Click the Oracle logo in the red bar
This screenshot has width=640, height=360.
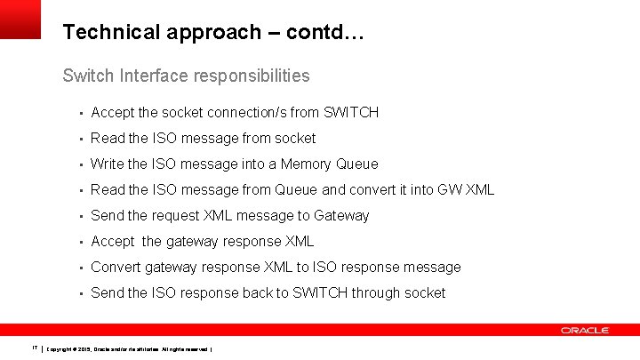(584, 331)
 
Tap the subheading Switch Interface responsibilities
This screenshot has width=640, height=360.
(186, 76)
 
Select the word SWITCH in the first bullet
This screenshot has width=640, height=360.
(351, 112)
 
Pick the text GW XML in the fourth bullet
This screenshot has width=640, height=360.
(466, 189)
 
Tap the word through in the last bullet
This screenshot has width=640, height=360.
(376, 292)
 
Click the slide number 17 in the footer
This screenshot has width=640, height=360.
(34, 348)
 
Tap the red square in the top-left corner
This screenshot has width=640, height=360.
(20, 19)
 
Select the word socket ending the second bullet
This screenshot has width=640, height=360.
(295, 138)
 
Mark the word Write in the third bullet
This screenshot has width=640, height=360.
(108, 164)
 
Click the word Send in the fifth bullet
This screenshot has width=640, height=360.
(107, 215)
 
